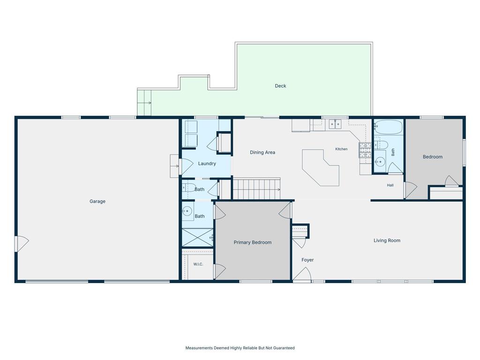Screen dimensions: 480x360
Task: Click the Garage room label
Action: pyautogui.click(x=97, y=201)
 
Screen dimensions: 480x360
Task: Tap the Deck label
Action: pyautogui.click(x=280, y=86)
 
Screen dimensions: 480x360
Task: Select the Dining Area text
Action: pyautogui.click(x=262, y=152)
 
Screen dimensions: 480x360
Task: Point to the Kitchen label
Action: pyautogui.click(x=341, y=149)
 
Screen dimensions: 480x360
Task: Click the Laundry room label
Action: pyautogui.click(x=207, y=164)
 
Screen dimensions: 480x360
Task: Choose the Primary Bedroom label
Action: pyautogui.click(x=253, y=242)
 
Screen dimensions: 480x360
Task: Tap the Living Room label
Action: pyautogui.click(x=387, y=240)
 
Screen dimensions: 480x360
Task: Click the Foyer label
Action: pyautogui.click(x=307, y=260)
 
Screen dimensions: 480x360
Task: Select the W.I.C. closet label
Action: pyautogui.click(x=198, y=264)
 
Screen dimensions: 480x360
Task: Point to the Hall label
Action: pyautogui.click(x=390, y=185)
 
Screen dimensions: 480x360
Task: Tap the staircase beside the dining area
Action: pyautogui.click(x=256, y=189)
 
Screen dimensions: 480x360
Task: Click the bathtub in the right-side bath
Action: pyautogui.click(x=388, y=127)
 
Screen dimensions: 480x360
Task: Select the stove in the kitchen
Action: pyautogui.click(x=365, y=150)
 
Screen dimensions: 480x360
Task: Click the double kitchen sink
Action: pyautogui.click(x=335, y=124)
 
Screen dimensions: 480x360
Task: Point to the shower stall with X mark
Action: pyautogui.click(x=197, y=238)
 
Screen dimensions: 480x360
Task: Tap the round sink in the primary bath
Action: pyautogui.click(x=187, y=211)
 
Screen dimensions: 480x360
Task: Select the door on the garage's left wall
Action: pyautogui.click(x=22, y=244)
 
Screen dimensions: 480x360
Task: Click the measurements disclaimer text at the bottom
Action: pyautogui.click(x=240, y=348)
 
